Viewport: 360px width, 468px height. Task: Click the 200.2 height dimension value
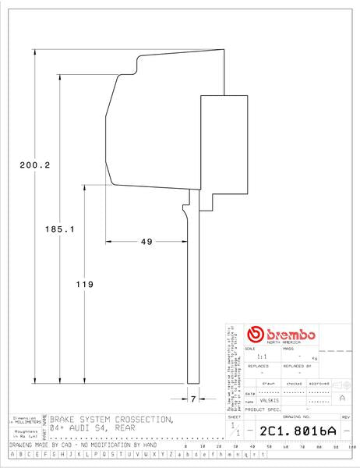(34, 165)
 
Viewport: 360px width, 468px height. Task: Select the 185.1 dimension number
(59, 229)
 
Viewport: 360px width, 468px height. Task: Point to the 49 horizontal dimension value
(146, 242)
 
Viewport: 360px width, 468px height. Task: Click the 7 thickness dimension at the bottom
(192, 399)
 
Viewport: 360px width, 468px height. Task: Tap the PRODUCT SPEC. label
(262, 409)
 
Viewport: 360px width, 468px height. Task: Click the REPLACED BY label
(298, 365)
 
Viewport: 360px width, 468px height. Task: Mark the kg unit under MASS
(315, 357)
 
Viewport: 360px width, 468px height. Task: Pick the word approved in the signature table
(319, 384)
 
